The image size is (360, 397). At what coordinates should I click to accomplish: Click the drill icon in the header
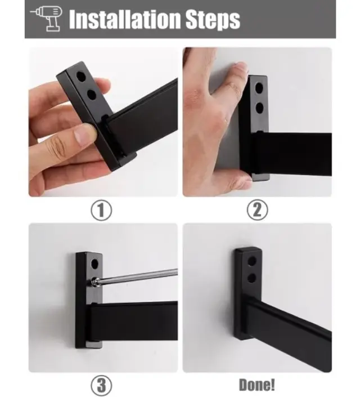click(x=47, y=18)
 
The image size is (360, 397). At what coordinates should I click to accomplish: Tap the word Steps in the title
click(x=213, y=20)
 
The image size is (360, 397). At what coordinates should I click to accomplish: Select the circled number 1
click(x=101, y=211)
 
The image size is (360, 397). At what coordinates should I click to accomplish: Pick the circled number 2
click(x=257, y=210)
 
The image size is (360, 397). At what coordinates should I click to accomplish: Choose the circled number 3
click(x=101, y=385)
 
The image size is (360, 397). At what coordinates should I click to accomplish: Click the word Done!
click(x=257, y=385)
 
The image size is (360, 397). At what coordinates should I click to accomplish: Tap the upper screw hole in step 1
click(x=80, y=77)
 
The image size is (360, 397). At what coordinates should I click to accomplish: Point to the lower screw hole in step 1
click(x=92, y=95)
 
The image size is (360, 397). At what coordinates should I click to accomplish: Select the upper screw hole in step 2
click(x=259, y=88)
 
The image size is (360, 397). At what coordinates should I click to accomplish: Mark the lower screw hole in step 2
click(x=259, y=108)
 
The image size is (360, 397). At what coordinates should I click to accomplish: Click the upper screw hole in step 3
click(x=94, y=264)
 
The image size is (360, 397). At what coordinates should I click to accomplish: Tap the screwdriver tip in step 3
click(x=94, y=282)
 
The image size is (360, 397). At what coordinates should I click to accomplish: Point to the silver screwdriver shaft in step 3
click(x=138, y=276)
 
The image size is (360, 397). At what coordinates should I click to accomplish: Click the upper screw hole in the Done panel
click(x=252, y=261)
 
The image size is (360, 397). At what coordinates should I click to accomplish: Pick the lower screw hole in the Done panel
click(x=252, y=278)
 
